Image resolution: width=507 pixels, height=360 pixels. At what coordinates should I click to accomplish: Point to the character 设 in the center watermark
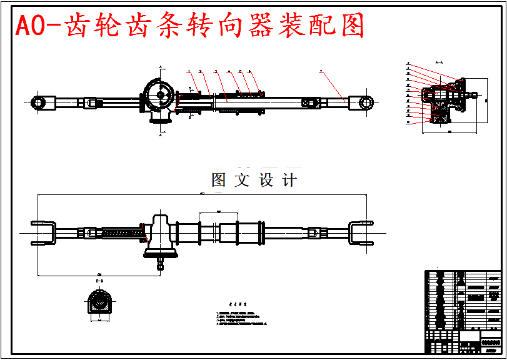click(x=267, y=181)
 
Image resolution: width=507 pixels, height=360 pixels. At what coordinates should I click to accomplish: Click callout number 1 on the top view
click(x=188, y=72)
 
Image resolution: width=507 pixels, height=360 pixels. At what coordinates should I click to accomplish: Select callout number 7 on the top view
click(x=321, y=72)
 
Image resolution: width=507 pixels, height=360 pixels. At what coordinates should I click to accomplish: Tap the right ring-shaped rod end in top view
click(x=365, y=102)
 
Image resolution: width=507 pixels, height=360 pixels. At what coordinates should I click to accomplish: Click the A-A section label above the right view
click(x=438, y=62)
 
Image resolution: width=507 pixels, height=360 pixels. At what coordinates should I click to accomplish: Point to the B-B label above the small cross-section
click(x=99, y=282)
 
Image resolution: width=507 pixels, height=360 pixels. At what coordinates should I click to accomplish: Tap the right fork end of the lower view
click(x=362, y=234)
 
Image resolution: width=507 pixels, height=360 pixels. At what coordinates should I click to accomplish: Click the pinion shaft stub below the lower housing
click(x=161, y=263)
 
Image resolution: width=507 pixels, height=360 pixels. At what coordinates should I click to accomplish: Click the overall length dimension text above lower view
click(x=201, y=194)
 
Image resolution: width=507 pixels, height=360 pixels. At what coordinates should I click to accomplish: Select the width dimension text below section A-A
click(x=449, y=132)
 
